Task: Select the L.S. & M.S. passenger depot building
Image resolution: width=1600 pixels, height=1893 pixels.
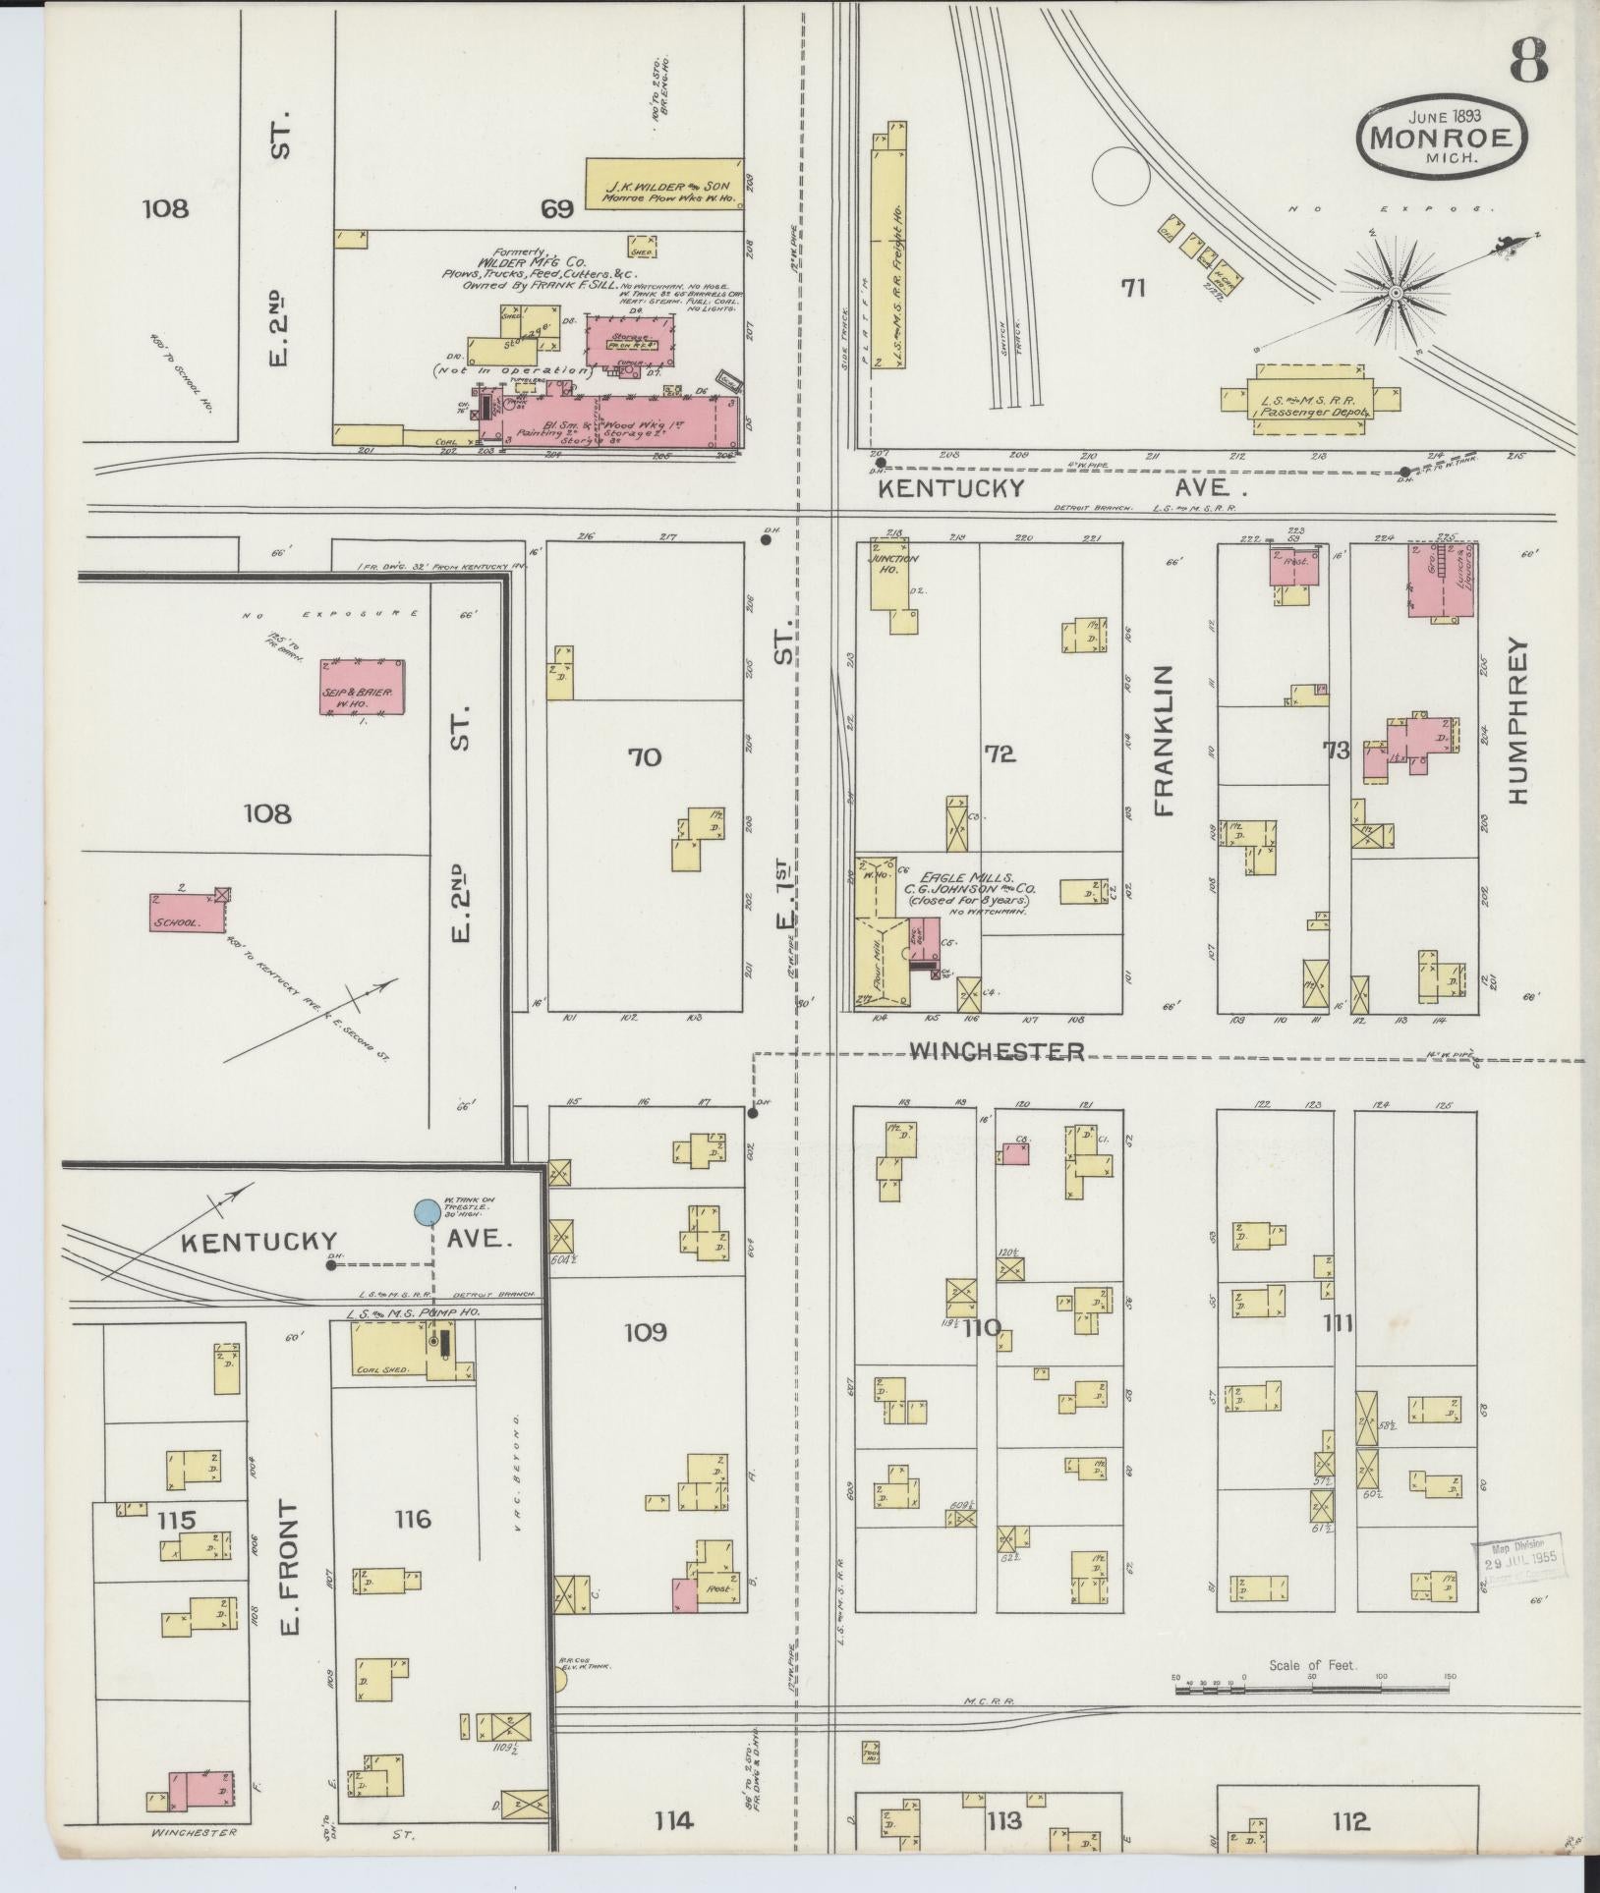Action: point(1307,400)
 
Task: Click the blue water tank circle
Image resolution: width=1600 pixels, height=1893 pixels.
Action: point(427,1212)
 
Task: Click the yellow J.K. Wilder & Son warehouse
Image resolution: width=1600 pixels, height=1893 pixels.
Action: point(664,183)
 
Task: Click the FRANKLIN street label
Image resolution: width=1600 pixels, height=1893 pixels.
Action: point(1165,741)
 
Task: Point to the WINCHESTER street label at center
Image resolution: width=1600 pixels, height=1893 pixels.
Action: point(997,1052)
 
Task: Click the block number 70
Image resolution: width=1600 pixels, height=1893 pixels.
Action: point(644,757)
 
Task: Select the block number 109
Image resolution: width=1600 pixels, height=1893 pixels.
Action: point(646,1332)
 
